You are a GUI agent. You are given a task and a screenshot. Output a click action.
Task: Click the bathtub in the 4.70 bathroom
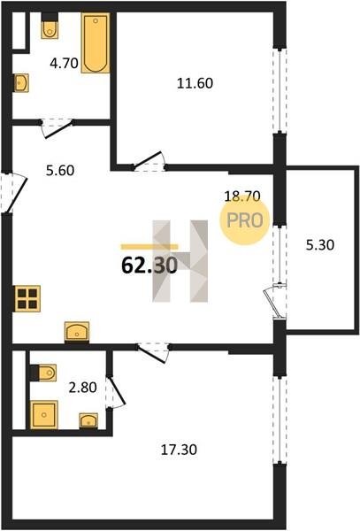click(96, 42)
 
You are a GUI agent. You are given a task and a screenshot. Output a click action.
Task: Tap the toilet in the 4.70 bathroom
click(50, 26)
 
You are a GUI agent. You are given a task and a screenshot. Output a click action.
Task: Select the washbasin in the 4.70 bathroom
click(21, 82)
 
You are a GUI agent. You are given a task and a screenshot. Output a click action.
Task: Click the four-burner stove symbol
click(27, 298)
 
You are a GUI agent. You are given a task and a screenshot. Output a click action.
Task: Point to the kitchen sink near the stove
click(77, 331)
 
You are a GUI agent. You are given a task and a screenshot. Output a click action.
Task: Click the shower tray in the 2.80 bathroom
click(44, 415)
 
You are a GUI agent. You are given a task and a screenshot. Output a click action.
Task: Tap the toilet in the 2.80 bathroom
click(43, 373)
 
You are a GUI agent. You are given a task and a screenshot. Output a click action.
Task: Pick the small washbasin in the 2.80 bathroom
click(88, 421)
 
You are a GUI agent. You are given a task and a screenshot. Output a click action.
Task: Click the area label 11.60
click(195, 83)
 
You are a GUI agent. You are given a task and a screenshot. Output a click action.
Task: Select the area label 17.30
click(179, 450)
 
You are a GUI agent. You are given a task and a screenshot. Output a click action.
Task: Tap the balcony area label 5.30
click(320, 244)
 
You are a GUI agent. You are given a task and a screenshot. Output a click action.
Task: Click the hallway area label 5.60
click(60, 170)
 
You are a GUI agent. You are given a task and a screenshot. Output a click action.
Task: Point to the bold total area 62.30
click(149, 265)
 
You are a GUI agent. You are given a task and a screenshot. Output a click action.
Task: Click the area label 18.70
click(242, 196)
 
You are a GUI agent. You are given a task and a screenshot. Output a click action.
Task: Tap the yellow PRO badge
click(245, 220)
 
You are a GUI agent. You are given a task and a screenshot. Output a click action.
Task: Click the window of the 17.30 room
click(280, 420)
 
